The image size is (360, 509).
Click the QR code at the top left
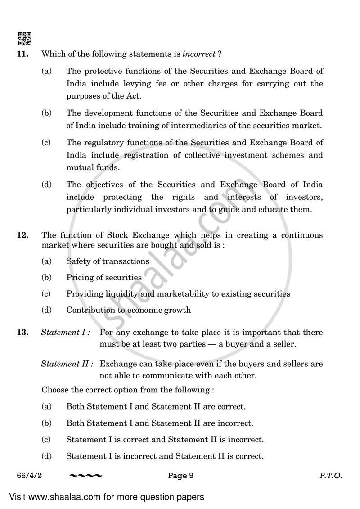[25, 39]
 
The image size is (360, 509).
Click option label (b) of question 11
[46, 113]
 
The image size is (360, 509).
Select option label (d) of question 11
[46, 185]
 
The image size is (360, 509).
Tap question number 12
[23, 235]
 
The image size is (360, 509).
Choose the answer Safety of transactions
[108, 261]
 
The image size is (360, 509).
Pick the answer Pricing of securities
[104, 278]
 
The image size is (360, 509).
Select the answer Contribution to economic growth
[128, 310]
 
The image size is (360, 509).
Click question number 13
[23, 333]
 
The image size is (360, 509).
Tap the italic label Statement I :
[66, 333]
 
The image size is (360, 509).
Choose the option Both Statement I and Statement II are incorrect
[160, 423]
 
